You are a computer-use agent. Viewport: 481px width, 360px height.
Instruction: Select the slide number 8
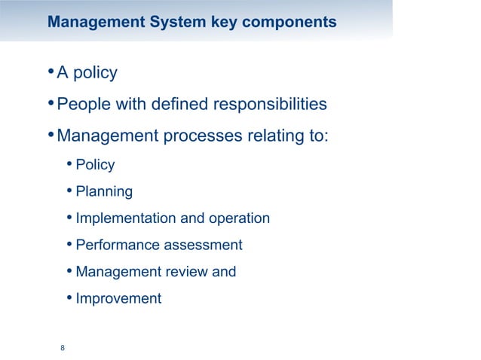pos(63,347)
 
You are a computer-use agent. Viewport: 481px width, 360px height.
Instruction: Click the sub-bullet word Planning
pos(104,192)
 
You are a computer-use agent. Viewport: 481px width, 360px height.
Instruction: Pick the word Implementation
pos(124,218)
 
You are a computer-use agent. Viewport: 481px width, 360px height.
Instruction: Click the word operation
pos(237,218)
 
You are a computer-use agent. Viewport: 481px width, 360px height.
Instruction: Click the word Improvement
pos(118,298)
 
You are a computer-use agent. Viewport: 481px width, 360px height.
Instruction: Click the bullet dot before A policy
pos(50,72)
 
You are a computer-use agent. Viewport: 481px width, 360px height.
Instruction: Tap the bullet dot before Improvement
pos(69,297)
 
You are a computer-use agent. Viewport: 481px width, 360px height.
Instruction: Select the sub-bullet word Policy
pos(95,165)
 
